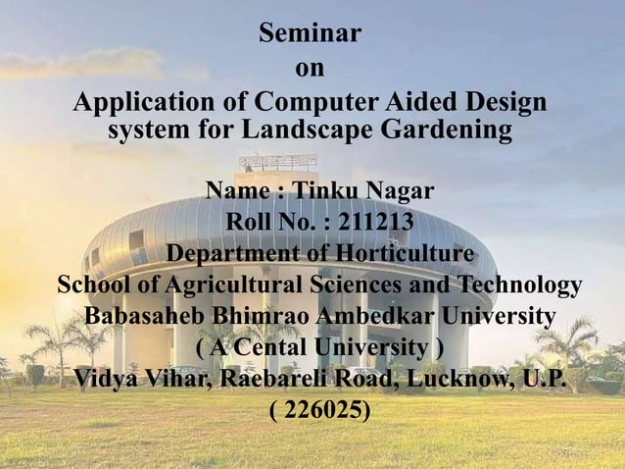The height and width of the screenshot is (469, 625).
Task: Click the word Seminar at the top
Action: [x=310, y=35]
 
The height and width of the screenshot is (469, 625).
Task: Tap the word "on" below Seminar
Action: [x=310, y=69]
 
